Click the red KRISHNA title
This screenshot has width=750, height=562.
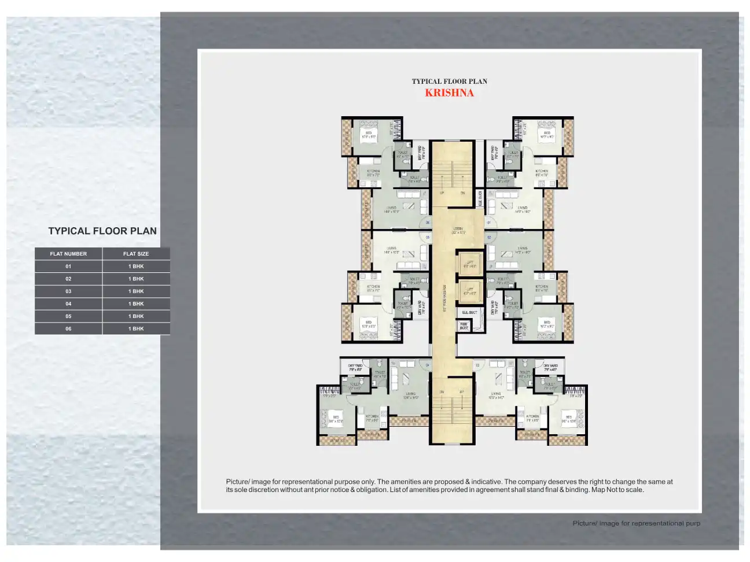449,93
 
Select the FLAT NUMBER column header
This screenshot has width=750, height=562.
68,254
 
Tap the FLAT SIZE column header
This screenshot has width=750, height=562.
136,254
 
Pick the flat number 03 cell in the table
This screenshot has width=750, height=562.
68,291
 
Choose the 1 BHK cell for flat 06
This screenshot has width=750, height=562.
136,328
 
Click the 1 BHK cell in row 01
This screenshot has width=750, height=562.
136,267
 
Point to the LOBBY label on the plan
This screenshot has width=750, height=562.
458,230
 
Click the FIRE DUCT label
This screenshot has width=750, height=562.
464,327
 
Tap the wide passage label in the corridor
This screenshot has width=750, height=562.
444,298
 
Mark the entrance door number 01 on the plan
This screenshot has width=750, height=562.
489,223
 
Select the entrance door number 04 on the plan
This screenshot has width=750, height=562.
428,365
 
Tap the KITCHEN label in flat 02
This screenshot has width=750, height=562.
542,287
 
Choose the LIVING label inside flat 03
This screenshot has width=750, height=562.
496,395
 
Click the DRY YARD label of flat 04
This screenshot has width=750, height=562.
355,367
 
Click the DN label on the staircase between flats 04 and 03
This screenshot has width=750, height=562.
442,392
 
